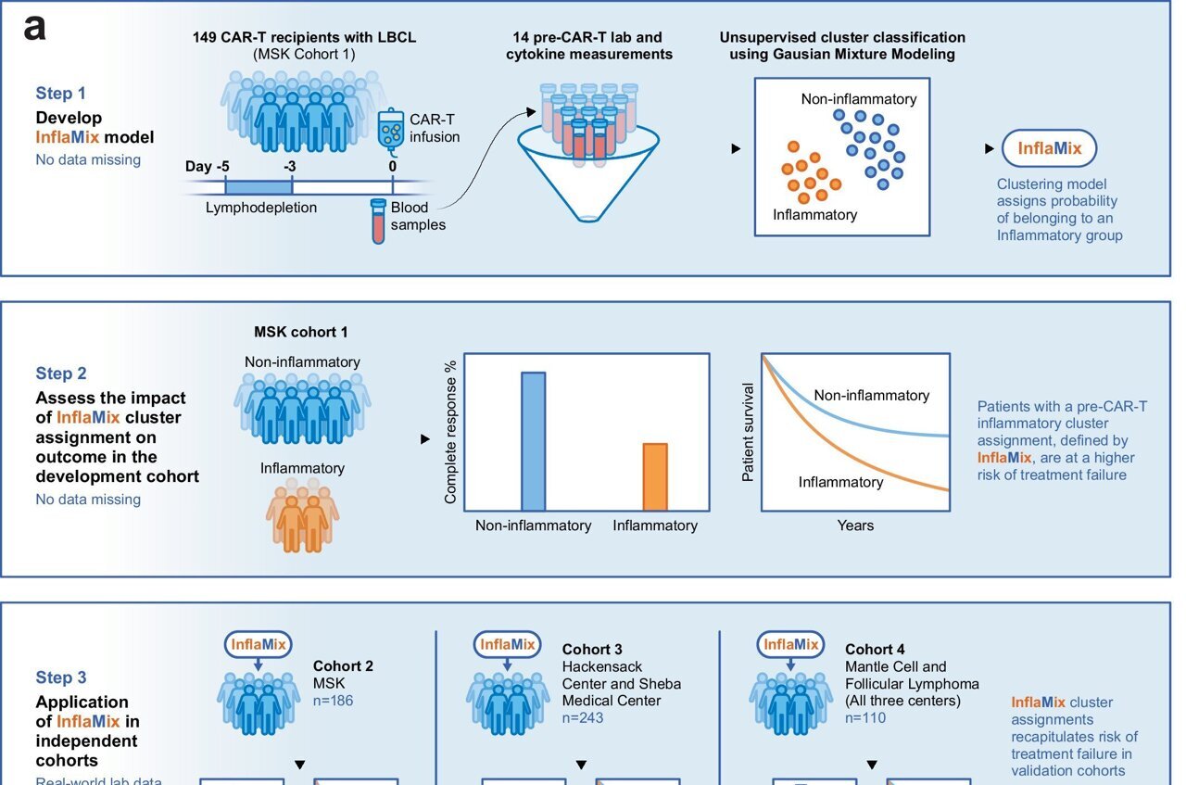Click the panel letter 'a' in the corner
click(34, 27)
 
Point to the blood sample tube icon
click(378, 222)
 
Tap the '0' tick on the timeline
click(393, 167)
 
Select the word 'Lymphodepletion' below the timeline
click(261, 208)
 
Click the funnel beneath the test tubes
click(589, 176)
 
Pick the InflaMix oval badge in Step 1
click(1049, 148)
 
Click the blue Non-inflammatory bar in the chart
click(533, 441)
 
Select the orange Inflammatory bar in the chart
click(655, 476)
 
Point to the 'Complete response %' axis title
click(451, 431)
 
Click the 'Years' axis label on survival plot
click(855, 525)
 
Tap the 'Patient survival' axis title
click(749, 432)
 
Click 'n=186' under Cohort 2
click(333, 701)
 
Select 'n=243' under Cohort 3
click(583, 717)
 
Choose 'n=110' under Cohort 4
click(865, 717)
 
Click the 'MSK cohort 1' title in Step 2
click(301, 332)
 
